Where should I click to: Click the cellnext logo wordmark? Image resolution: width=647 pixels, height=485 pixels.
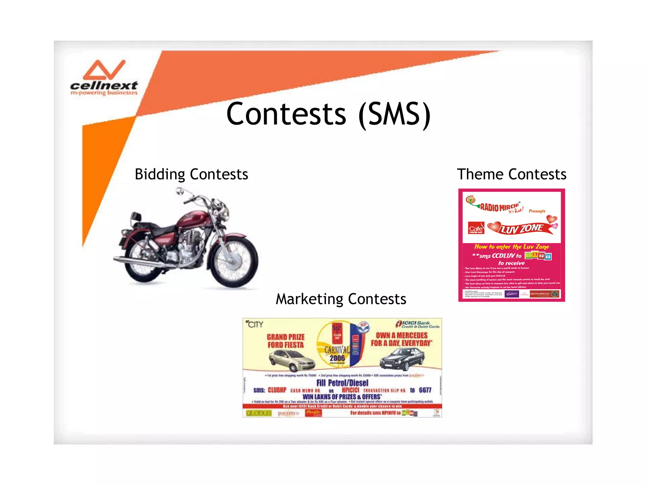click(104, 85)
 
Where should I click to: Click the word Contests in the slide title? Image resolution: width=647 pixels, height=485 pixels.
click(286, 114)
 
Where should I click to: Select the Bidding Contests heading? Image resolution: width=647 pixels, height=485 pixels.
click(191, 175)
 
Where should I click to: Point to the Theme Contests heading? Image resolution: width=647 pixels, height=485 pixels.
click(511, 175)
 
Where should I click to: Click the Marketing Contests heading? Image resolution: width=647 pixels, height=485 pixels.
click(341, 299)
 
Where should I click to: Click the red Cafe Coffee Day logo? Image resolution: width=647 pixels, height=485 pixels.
click(476, 228)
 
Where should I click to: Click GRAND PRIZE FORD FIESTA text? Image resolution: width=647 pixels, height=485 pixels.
click(286, 341)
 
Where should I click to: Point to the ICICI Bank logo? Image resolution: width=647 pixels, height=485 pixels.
click(417, 324)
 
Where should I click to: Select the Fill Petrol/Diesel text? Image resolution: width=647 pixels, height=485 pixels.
click(342, 383)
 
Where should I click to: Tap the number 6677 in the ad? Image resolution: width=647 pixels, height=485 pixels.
click(425, 390)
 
